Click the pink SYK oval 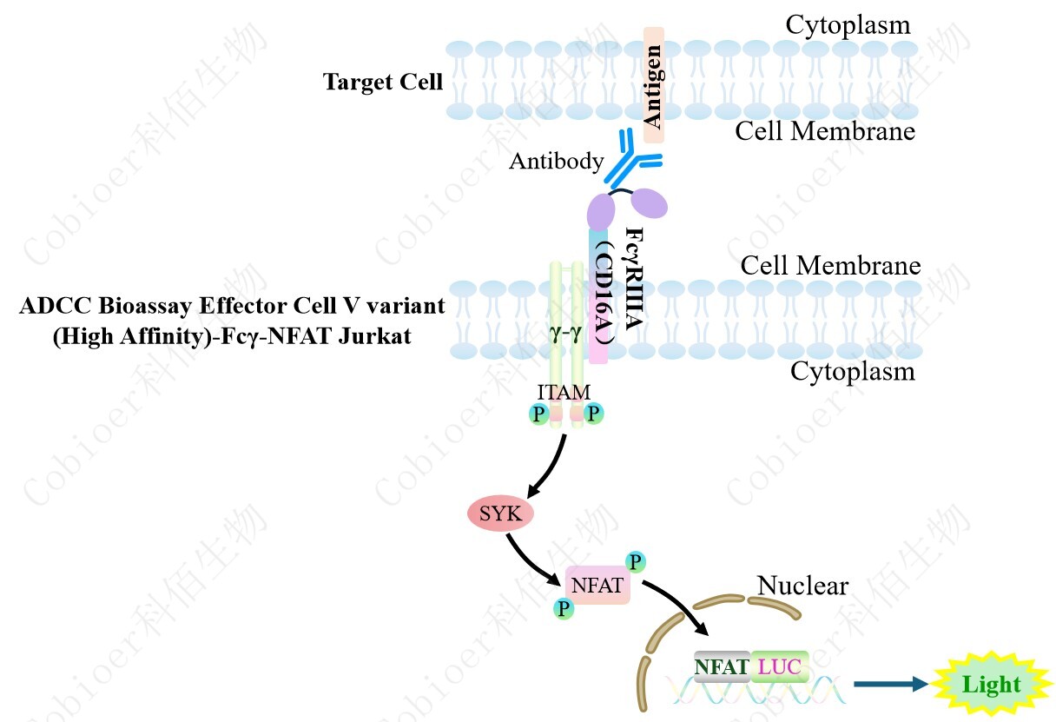point(500,513)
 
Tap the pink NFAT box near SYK point(597,586)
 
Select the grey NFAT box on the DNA point(722,666)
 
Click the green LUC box point(780,666)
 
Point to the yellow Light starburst point(991,685)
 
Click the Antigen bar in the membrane point(654,84)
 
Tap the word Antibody point(556,161)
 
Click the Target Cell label point(383,83)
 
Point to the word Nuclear point(802,586)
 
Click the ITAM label point(564,394)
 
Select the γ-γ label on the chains point(564,332)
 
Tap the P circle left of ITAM point(539,414)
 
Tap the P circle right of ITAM point(594,414)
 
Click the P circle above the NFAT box point(636,561)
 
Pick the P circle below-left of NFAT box point(564,608)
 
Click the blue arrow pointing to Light point(890,685)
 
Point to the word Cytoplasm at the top point(848,24)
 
